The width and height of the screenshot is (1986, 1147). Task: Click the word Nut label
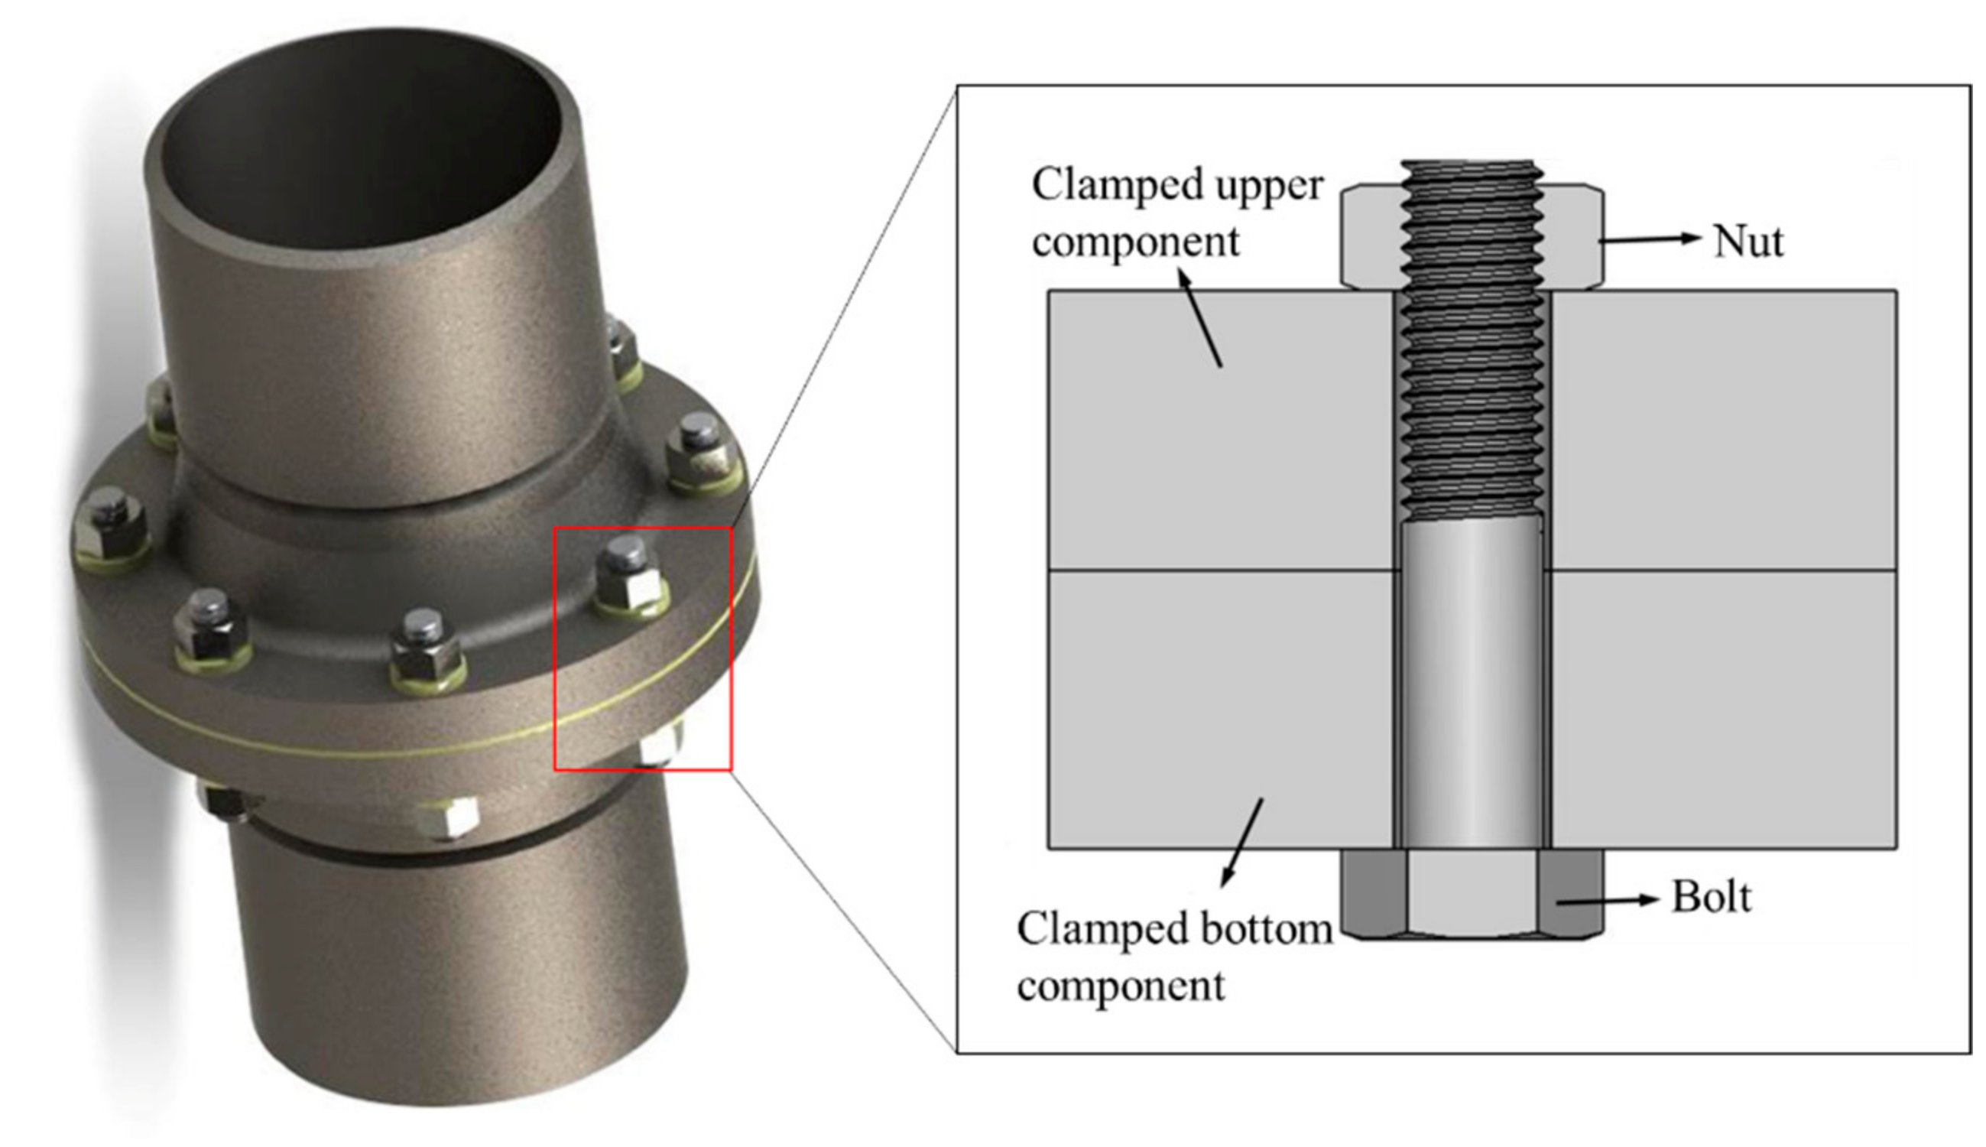tap(1747, 241)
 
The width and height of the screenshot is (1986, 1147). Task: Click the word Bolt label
tap(1710, 897)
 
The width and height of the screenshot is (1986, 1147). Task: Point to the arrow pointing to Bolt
tap(1606, 901)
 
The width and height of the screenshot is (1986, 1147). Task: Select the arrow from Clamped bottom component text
tap(1242, 843)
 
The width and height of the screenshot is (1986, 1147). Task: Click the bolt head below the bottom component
tap(1471, 894)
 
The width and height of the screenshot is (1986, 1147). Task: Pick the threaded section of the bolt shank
tap(1471, 394)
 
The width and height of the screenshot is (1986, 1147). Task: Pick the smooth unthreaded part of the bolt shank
tap(1471, 685)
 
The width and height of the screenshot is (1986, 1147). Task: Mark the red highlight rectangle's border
tap(555, 646)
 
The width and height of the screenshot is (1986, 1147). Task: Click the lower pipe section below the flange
tap(465, 969)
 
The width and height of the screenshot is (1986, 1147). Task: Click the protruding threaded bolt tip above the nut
tap(1471, 174)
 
